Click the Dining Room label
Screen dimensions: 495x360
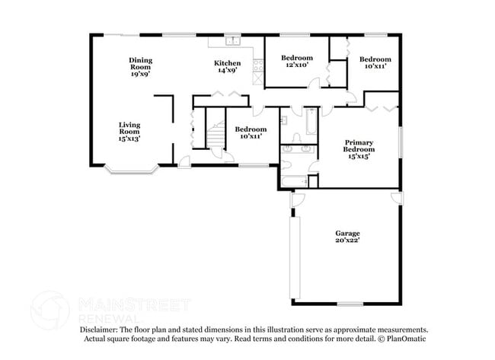(x=140, y=67)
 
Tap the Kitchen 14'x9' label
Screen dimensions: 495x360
(x=227, y=66)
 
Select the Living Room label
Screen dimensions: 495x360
(x=129, y=132)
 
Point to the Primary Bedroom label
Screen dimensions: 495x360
(x=359, y=149)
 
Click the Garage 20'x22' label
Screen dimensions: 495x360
(x=347, y=237)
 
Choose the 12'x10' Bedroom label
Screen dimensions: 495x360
(x=297, y=61)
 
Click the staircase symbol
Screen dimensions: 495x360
(x=216, y=135)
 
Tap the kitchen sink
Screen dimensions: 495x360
(x=233, y=41)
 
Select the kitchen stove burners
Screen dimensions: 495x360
(x=258, y=65)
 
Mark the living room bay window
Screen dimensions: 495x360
(x=132, y=170)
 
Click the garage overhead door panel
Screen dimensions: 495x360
(x=295, y=257)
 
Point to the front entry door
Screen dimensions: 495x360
(x=184, y=162)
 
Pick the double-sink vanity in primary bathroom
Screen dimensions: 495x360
(x=297, y=149)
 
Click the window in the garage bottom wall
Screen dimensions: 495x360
(x=350, y=304)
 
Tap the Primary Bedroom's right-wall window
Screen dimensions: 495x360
(x=401, y=142)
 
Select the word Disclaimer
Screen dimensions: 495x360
(x=98, y=330)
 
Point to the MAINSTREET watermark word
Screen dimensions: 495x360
(x=134, y=304)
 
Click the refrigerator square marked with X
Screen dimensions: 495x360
(x=258, y=78)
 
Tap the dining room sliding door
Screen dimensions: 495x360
(x=122, y=35)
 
